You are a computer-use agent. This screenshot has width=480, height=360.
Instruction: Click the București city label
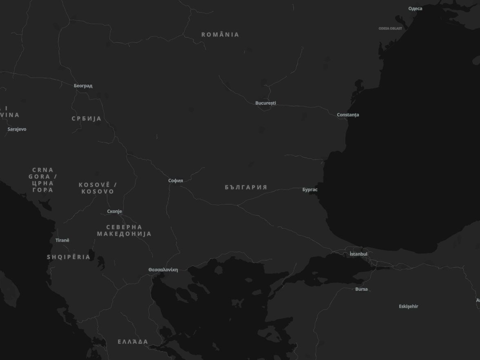pyautogui.click(x=265, y=103)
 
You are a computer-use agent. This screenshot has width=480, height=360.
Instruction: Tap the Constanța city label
pyautogui.click(x=348, y=115)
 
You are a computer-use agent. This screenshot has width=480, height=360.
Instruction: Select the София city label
pyautogui.click(x=176, y=180)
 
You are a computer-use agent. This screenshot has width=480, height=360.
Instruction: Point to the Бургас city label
pyautogui.click(x=310, y=189)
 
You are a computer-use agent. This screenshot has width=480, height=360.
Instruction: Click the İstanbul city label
pyautogui.click(x=358, y=254)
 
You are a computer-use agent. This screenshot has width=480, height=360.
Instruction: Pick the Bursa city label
pyautogui.click(x=361, y=289)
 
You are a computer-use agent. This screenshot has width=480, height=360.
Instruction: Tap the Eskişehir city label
pyautogui.click(x=408, y=306)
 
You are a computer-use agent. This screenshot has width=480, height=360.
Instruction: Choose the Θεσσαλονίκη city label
pyautogui.click(x=163, y=270)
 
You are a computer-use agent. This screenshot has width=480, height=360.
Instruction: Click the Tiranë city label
pyautogui.click(x=62, y=240)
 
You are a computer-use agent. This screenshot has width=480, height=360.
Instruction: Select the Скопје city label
pyautogui.click(x=114, y=211)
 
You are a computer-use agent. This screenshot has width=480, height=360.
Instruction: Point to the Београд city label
pyautogui.click(x=83, y=86)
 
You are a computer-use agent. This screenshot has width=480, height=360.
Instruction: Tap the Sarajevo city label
pyautogui.click(x=17, y=129)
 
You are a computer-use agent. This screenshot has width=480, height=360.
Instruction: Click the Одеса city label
pyautogui.click(x=415, y=9)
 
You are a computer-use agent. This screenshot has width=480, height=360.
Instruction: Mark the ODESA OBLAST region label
pyautogui.click(x=390, y=29)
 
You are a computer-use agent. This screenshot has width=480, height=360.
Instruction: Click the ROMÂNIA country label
pyautogui.click(x=220, y=35)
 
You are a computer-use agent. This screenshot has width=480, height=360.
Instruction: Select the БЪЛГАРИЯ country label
pyautogui.click(x=246, y=187)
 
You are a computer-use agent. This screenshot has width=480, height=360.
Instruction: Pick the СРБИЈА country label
pyautogui.click(x=86, y=119)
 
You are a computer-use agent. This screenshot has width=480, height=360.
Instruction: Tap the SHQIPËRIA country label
pyautogui.click(x=69, y=257)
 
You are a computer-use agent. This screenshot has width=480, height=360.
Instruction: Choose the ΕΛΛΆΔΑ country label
pyautogui.click(x=133, y=342)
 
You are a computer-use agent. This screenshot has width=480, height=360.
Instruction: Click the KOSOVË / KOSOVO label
pyautogui.click(x=98, y=188)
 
